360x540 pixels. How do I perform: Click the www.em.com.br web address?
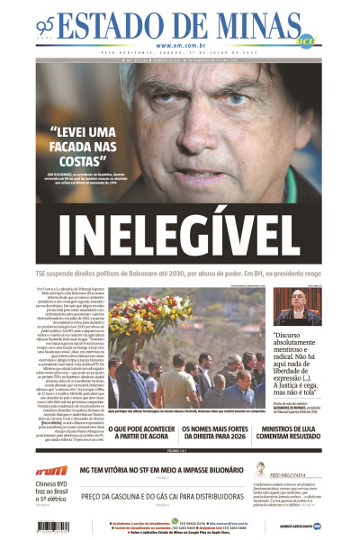(x=180, y=45)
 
